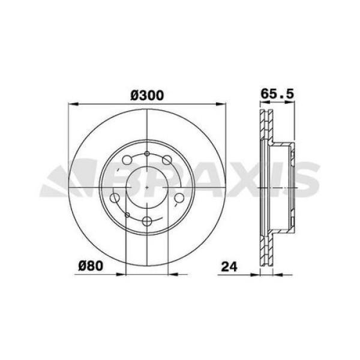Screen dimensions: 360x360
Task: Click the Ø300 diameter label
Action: tap(147, 95)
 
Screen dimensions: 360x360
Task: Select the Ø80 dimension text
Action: tap(91, 266)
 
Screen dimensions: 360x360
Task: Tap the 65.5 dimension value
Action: tap(277, 94)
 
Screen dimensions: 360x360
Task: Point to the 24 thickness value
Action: tap(229, 266)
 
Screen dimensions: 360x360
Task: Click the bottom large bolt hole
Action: tap(147, 221)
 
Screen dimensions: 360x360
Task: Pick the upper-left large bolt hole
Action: tap(127, 160)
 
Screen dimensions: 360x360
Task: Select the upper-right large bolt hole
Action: tap(167, 160)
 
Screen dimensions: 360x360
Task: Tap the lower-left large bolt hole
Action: tap(115, 198)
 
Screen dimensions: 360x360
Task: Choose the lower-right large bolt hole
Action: tap(179, 198)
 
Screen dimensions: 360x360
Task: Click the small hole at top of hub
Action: tap(147, 154)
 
